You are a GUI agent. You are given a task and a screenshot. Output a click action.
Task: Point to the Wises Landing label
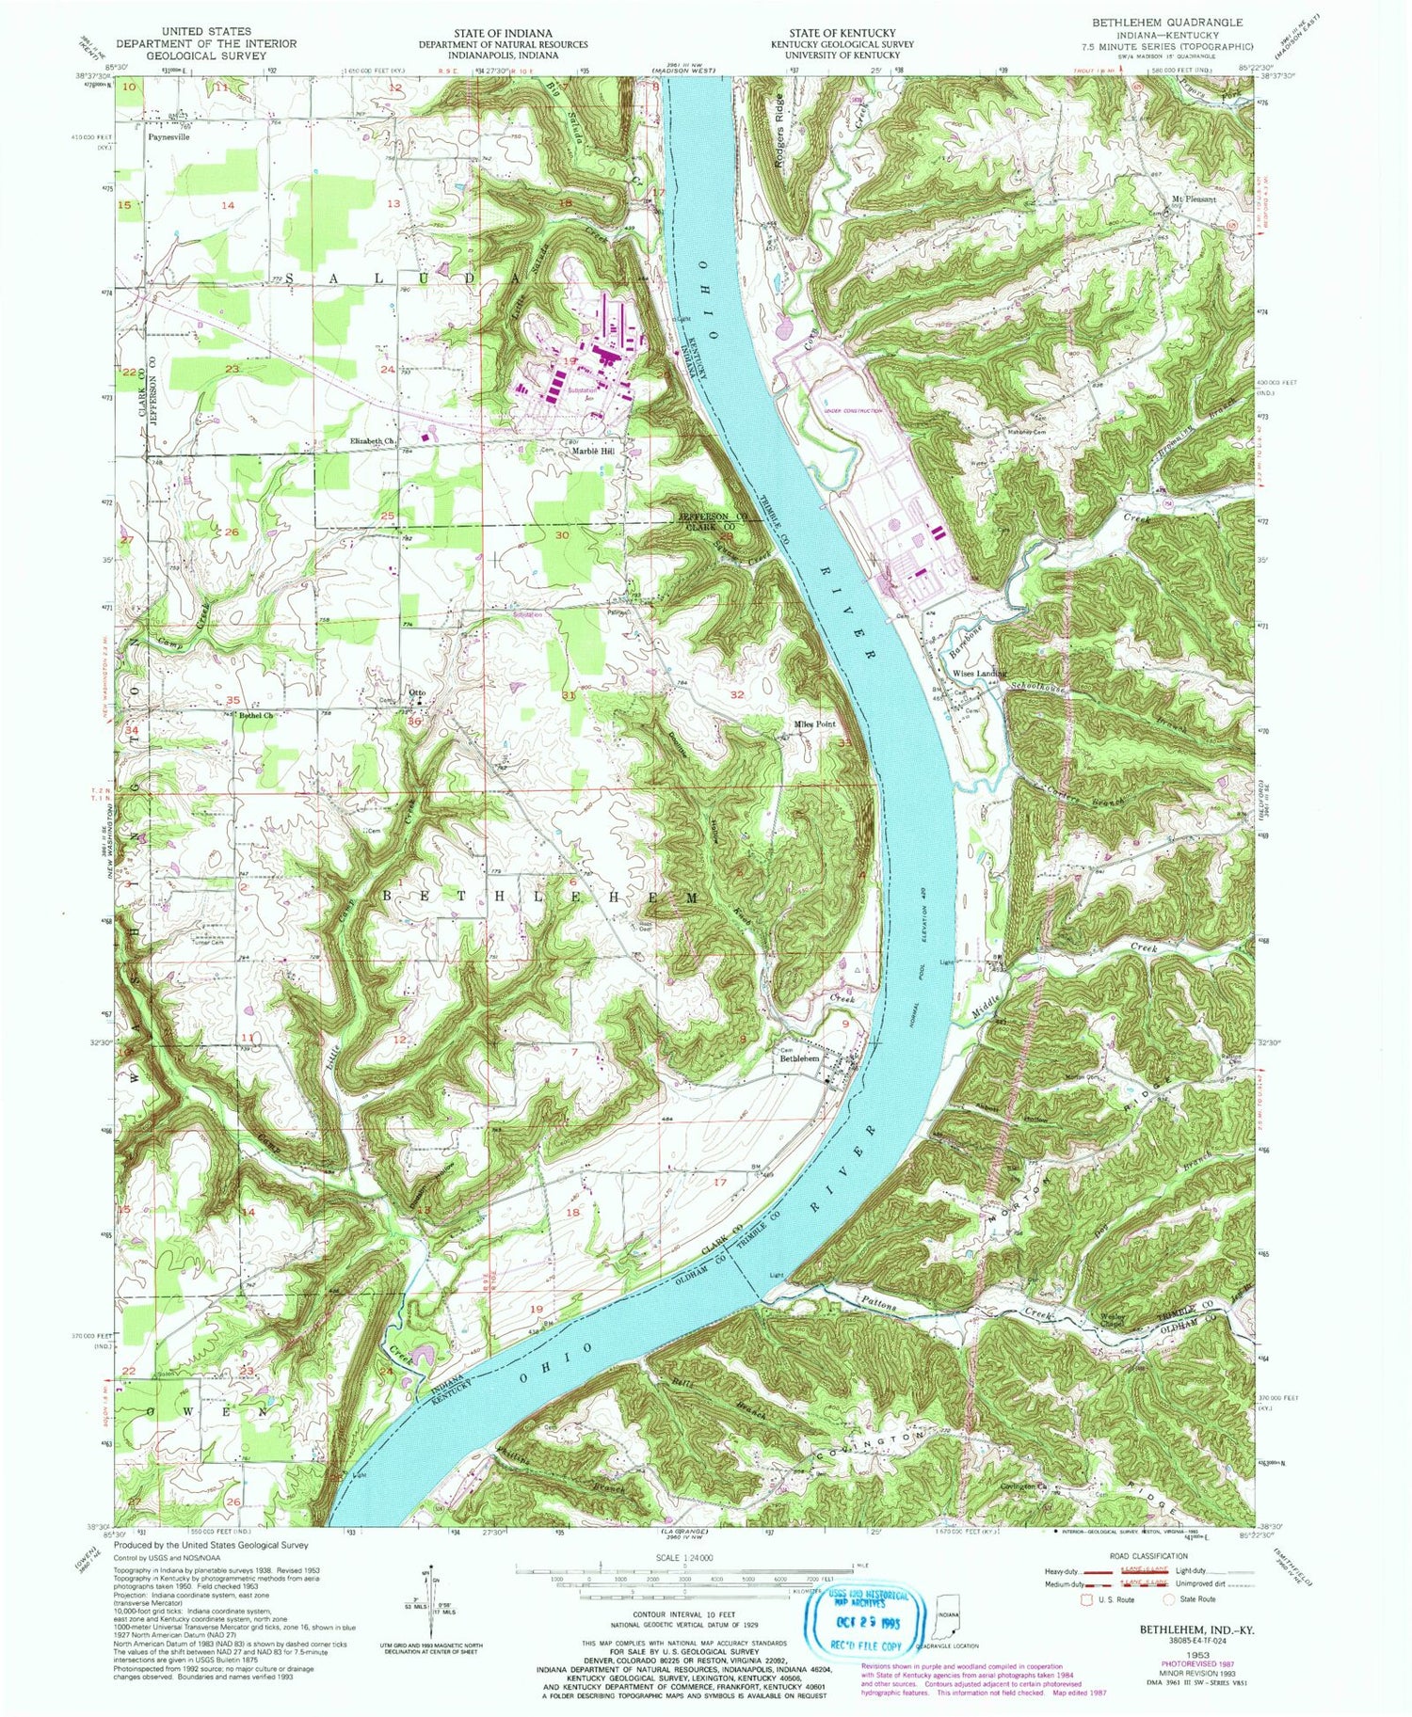(979, 674)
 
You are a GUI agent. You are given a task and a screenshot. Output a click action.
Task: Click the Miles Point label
(814, 724)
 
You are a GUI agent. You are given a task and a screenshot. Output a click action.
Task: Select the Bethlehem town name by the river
(798, 1058)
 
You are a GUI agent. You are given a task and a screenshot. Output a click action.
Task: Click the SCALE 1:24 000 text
(683, 1554)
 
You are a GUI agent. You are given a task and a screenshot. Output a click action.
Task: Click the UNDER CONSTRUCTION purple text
(853, 411)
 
